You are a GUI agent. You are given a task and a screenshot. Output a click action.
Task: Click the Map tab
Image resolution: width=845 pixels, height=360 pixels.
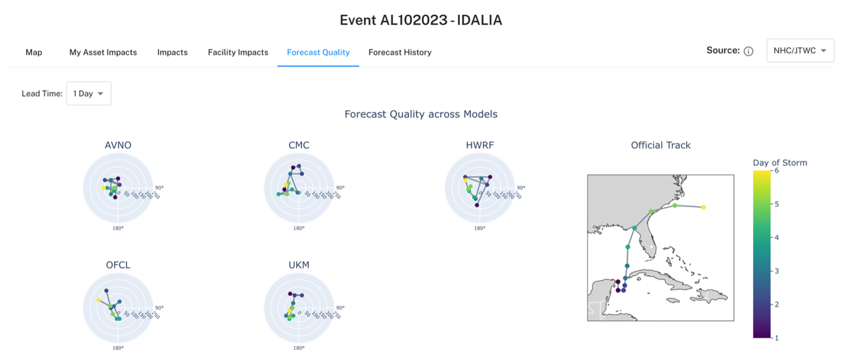pos(34,52)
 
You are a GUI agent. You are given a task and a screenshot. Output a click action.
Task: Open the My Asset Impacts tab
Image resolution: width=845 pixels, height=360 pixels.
pos(103,52)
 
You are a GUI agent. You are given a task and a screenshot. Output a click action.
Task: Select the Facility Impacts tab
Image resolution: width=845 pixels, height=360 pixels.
pos(238,52)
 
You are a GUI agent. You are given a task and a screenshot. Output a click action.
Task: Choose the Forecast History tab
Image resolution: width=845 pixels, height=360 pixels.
pos(400,52)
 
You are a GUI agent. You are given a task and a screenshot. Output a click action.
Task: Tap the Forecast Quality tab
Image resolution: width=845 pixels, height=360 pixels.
pos(319,52)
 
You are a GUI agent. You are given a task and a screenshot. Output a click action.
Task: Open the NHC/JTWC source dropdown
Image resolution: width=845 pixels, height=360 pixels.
pos(800,51)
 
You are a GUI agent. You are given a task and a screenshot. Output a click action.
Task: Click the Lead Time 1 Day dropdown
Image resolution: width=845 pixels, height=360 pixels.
pos(89,94)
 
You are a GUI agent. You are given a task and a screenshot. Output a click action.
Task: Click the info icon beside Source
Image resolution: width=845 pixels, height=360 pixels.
pos(748,51)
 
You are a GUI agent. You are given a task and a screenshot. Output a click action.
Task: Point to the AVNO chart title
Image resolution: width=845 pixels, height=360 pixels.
pos(118,145)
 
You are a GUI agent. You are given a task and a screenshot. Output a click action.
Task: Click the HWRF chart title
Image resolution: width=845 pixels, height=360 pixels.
pos(480,145)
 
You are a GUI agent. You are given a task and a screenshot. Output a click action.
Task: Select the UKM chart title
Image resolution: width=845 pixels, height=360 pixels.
pos(299,265)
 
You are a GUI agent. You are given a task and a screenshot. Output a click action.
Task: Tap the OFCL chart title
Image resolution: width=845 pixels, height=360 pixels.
pos(118,265)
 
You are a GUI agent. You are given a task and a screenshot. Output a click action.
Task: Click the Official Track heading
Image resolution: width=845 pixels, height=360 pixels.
pos(661,145)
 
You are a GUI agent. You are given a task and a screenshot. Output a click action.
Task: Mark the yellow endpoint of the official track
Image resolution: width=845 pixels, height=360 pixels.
pos(703,207)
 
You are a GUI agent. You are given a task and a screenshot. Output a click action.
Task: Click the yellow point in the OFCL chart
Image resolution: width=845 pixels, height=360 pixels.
pos(98,300)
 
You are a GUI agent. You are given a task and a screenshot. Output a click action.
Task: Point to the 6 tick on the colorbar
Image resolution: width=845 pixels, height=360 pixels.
pos(777,171)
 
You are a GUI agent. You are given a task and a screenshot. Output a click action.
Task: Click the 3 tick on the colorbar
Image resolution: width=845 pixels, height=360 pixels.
pos(777,271)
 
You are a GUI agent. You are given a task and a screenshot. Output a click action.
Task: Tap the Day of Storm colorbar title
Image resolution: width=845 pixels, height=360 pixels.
pos(780,163)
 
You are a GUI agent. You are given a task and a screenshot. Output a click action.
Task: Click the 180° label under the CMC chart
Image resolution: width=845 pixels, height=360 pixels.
pos(299,229)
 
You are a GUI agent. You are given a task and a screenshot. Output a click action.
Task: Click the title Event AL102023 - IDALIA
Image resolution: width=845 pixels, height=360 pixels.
pos(421,20)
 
